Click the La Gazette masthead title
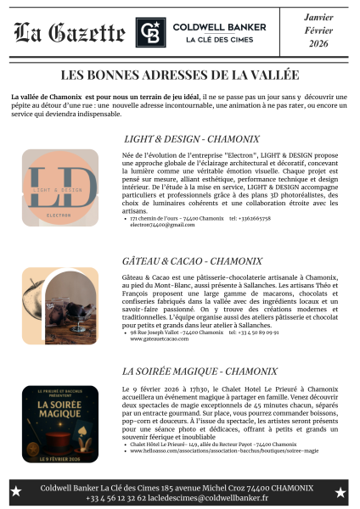[70, 33]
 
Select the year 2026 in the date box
[318, 43]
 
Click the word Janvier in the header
[318, 16]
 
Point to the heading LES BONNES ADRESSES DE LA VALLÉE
[179, 74]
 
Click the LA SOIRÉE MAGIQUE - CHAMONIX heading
[200, 370]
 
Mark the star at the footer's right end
[342, 489]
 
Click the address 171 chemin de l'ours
[161, 218]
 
